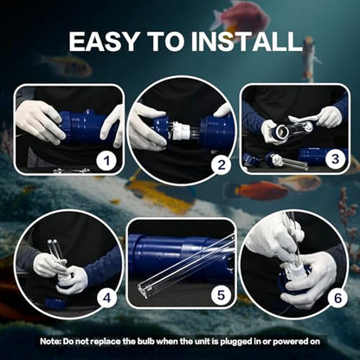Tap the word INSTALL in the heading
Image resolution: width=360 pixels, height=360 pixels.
tap(246, 41)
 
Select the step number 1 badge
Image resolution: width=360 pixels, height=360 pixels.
tap(107, 161)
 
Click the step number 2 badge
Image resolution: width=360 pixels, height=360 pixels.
tap(222, 165)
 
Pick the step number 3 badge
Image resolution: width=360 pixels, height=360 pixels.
tap(335, 158)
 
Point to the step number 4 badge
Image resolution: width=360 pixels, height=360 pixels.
tap(107, 298)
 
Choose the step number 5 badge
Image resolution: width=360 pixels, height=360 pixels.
tap(221, 295)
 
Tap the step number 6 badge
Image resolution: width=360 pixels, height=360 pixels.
tap(337, 298)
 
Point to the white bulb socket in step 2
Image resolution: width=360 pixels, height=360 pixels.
tap(182, 131)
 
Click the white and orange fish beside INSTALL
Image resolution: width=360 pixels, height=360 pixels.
tap(310, 59)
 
